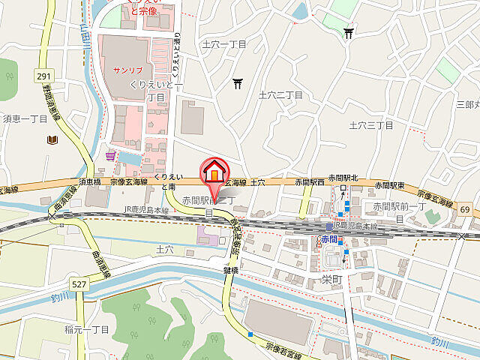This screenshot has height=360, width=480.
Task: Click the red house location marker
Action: (x=214, y=172)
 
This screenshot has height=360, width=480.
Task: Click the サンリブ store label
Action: (x=127, y=70)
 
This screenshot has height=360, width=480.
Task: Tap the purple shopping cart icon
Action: (x=111, y=156)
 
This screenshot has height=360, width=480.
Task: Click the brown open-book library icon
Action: (x=52, y=139)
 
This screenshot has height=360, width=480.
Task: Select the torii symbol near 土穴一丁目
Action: (x=238, y=83)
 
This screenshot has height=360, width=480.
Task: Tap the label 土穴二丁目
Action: (x=280, y=95)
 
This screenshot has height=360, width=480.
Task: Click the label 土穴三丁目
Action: (x=372, y=125)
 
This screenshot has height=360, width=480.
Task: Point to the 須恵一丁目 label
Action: (x=25, y=118)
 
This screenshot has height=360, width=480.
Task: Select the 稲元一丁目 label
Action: (x=88, y=330)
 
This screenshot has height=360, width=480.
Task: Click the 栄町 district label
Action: (x=320, y=277)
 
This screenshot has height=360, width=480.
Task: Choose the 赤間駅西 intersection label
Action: (x=310, y=182)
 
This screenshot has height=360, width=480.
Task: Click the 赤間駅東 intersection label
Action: (x=390, y=184)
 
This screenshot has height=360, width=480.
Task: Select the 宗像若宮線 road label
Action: (x=283, y=348)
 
